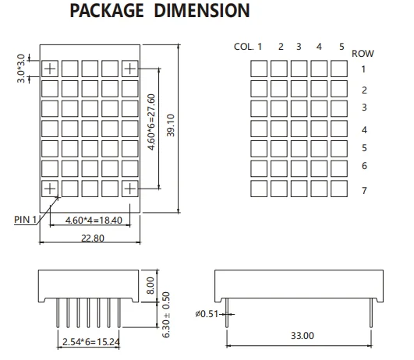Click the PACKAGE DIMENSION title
(160, 12)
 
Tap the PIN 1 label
(25, 220)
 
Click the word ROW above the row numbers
(363, 54)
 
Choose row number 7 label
(364, 191)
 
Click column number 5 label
(341, 47)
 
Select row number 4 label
(364, 129)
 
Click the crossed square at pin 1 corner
(49, 187)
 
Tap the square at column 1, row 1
(259, 68)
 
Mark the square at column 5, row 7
(339, 187)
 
